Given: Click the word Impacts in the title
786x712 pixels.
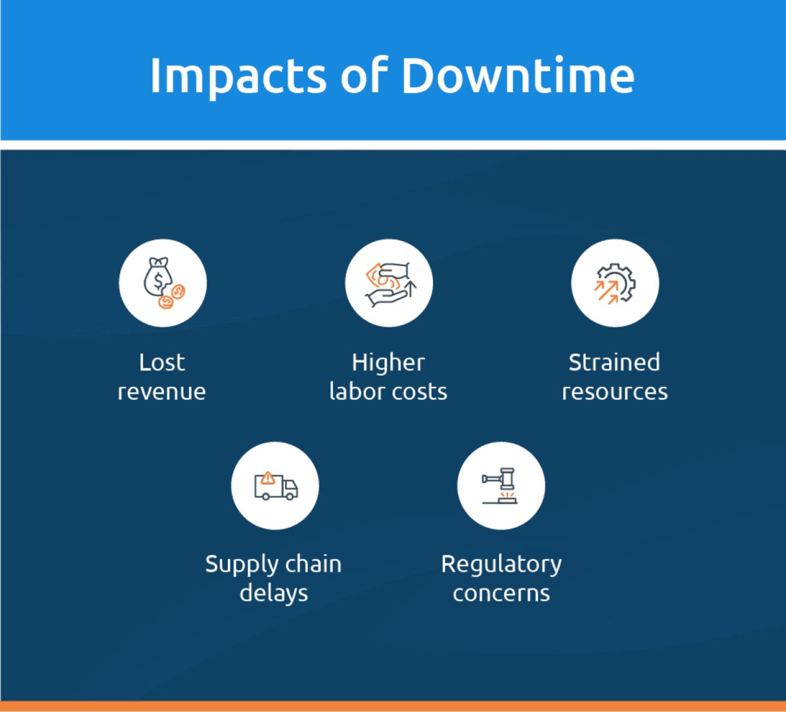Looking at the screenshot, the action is [x=238, y=77].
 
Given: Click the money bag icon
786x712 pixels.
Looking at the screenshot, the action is [x=164, y=283].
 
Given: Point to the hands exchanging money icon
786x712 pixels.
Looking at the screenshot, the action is [x=390, y=284].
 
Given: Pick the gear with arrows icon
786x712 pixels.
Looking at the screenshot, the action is [x=615, y=283].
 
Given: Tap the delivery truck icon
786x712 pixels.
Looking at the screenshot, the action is [x=276, y=486].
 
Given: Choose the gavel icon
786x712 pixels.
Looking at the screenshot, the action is [x=499, y=486].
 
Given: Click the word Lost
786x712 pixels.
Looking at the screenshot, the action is [x=162, y=362].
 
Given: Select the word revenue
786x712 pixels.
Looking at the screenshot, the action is [x=162, y=392].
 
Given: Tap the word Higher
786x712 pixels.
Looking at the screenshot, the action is [x=388, y=362].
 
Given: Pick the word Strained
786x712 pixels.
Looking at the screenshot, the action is [x=615, y=362].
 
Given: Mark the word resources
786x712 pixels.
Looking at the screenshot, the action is [x=615, y=392].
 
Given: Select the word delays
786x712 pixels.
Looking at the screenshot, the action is [x=274, y=593].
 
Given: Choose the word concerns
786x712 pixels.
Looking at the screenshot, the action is [x=502, y=593].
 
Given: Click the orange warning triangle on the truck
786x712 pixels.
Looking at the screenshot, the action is [x=268, y=478].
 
